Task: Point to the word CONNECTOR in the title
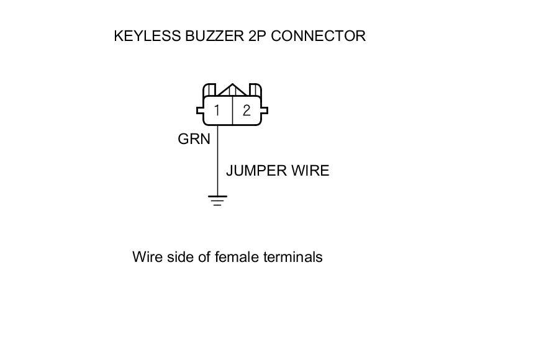click(319, 36)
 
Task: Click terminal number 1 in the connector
click(217, 111)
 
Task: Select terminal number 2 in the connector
click(247, 111)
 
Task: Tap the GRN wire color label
click(194, 139)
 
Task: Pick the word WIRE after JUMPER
click(310, 171)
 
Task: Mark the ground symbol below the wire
click(217, 200)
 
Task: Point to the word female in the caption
click(236, 257)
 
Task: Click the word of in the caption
click(205, 257)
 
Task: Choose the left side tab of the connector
click(200, 111)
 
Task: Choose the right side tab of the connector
click(265, 111)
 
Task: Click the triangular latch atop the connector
click(232, 91)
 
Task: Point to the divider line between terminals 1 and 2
click(232, 111)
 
